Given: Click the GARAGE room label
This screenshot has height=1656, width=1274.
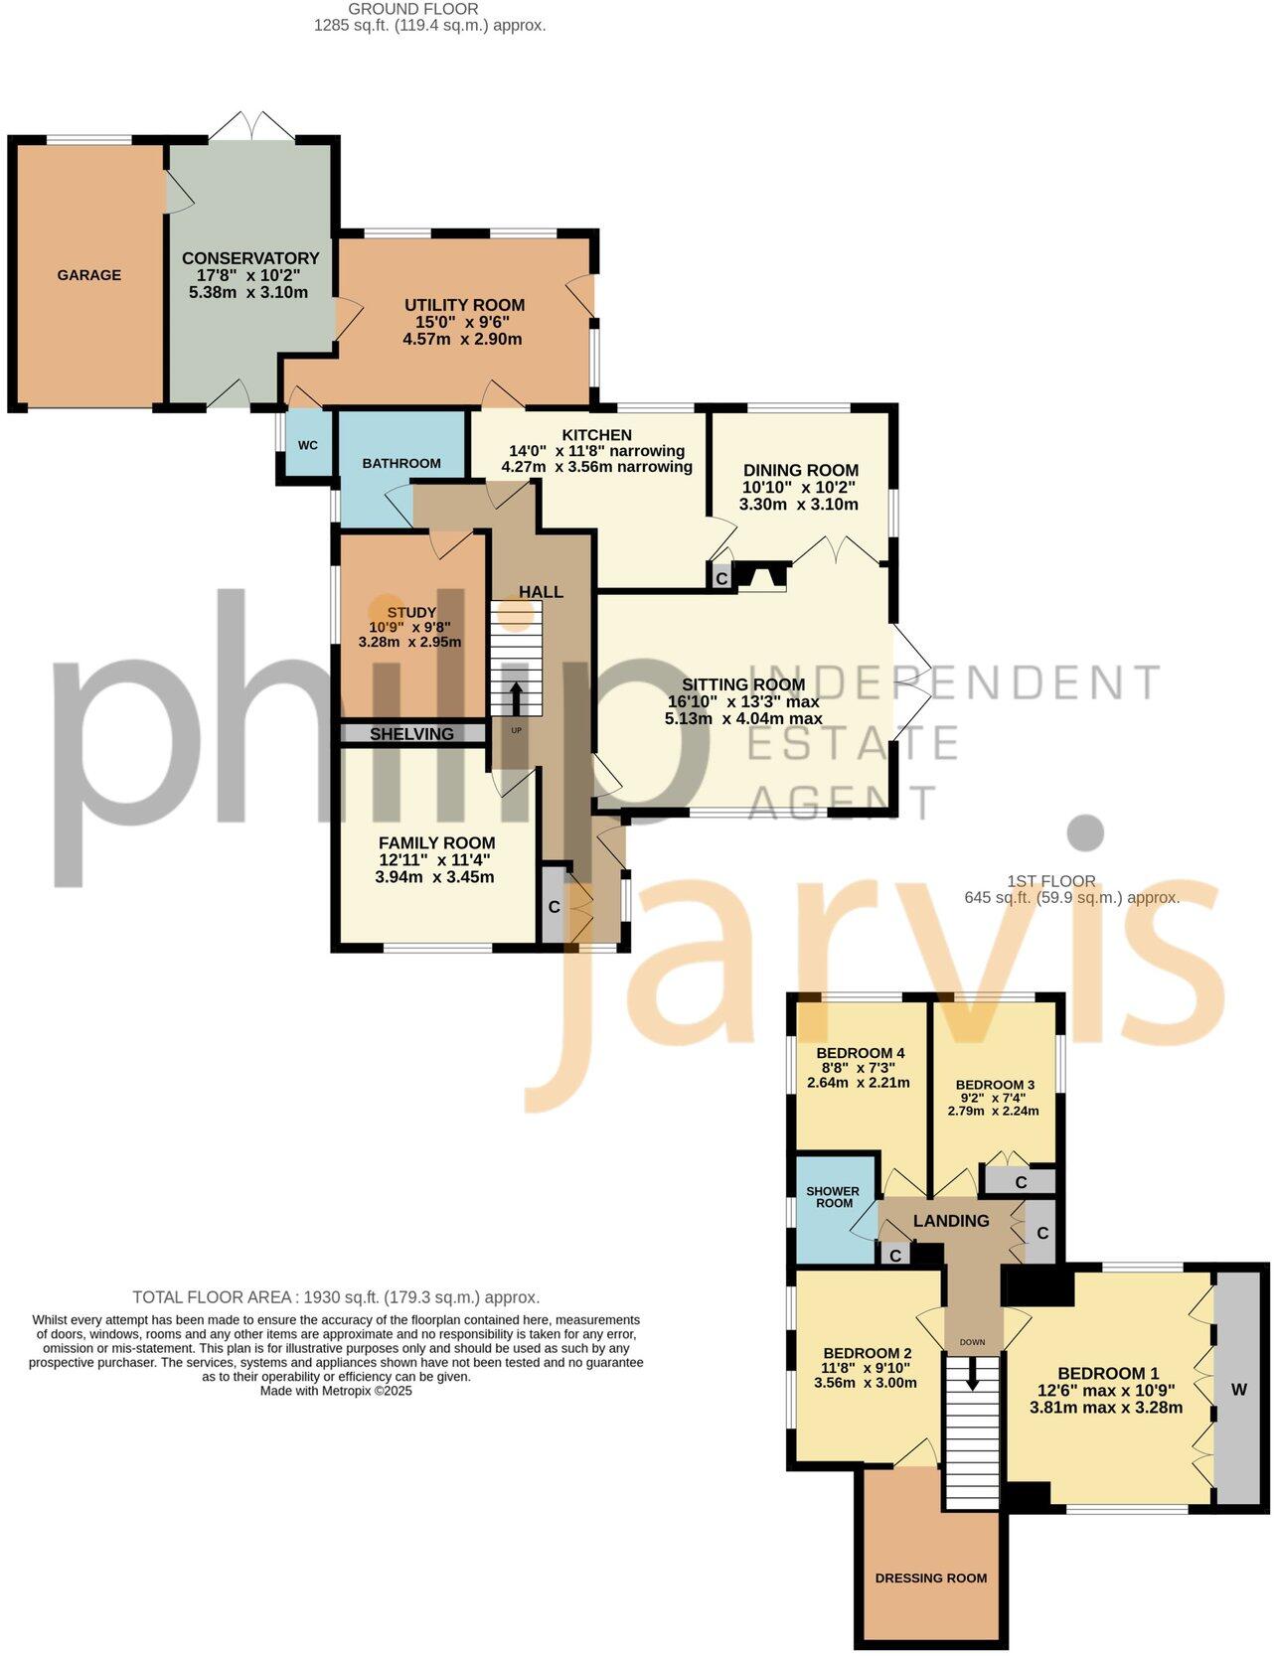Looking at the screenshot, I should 88,275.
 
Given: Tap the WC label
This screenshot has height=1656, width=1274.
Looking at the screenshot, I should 308,445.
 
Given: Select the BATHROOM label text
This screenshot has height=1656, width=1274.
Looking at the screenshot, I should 401,464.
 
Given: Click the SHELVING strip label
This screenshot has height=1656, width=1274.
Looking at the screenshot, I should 411,734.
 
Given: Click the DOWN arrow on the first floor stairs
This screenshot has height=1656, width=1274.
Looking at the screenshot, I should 972,1375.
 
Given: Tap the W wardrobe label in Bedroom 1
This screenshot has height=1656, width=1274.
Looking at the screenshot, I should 1239,1390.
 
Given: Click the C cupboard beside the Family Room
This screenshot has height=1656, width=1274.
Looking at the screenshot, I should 554,907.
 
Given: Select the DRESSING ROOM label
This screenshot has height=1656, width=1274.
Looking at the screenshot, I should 931,1578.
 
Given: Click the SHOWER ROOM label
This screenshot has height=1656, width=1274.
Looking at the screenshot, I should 834,1197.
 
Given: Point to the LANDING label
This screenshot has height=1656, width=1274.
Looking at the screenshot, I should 951,1221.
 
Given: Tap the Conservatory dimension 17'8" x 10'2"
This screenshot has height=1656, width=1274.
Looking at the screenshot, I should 249,275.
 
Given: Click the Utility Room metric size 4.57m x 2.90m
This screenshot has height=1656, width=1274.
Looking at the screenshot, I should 462,339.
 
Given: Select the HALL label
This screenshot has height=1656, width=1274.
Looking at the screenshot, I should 541,592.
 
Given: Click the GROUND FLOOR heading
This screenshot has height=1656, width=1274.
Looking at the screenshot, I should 412,9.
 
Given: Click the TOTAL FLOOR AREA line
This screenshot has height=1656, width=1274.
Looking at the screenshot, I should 336,1297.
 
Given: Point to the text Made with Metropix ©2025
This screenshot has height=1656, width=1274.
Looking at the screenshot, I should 336,1391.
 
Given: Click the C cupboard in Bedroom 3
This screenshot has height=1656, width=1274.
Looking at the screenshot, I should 1021,1182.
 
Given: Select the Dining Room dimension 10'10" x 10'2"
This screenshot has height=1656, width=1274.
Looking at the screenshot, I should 799,487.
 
